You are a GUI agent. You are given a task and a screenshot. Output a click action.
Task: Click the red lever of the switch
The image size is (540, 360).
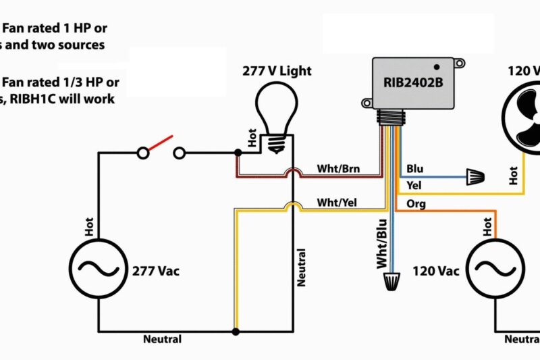(161, 143)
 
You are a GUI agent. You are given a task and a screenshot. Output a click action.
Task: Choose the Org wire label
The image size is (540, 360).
(416, 203)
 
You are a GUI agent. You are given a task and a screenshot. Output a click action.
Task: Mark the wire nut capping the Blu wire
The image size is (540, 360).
(475, 178)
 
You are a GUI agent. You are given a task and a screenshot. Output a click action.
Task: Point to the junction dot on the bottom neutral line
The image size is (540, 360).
(236, 332)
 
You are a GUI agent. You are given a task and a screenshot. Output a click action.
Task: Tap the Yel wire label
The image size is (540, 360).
(414, 185)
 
